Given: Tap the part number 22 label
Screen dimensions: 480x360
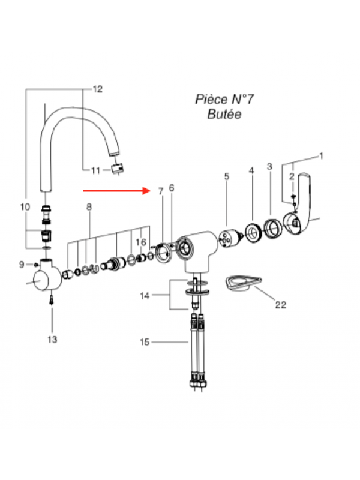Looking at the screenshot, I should click(280, 305).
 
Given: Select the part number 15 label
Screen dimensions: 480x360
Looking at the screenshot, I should click(144, 343).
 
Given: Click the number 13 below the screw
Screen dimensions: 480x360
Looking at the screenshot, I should click(52, 340).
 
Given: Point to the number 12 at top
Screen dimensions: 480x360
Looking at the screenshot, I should click(97, 89).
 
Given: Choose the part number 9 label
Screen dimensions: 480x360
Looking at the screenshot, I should click(22, 264).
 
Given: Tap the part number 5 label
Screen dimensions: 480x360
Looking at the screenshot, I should click(227, 176).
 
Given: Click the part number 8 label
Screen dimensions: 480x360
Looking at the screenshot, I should click(89, 207).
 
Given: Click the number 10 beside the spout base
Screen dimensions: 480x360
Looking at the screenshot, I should click(25, 207).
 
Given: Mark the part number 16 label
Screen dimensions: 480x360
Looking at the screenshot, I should click(140, 242).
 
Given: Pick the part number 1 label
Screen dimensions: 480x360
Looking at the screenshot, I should click(321, 156).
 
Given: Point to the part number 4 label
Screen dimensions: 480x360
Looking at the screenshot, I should click(251, 171).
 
